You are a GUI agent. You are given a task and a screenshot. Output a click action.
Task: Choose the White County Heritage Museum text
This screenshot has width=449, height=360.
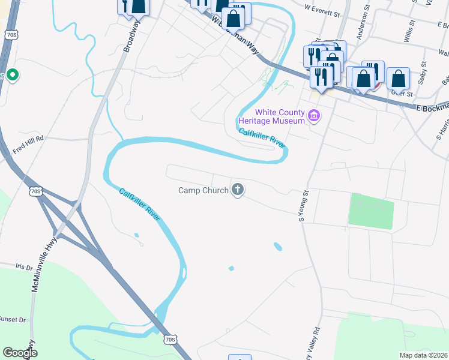pos(280,116)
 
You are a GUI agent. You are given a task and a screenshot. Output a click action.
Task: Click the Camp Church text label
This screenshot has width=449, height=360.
pos(203,191)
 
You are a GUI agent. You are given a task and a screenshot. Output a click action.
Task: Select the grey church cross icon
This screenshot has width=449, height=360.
pos(238,191)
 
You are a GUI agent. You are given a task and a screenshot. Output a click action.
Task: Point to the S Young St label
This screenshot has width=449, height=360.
pos(304,205)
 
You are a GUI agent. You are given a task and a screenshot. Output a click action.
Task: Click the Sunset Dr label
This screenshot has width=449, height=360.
pos(12,320)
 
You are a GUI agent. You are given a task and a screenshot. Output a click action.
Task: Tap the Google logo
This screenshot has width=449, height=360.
pos(19,353)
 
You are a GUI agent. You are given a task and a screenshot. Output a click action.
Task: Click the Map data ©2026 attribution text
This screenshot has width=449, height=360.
pos(423,355)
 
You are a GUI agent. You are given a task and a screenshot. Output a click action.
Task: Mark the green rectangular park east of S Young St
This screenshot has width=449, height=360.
pos(370,211)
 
